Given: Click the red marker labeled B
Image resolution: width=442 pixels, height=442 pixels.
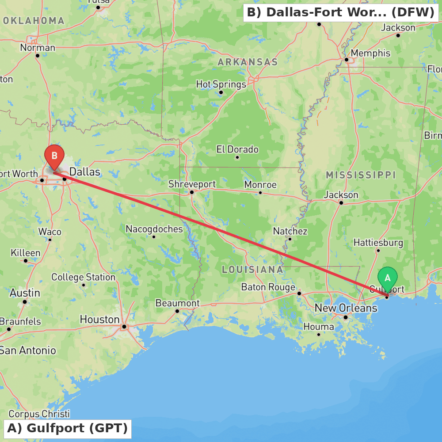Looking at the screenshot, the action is [54, 156].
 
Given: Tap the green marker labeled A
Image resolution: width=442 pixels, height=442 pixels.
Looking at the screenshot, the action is [388, 278].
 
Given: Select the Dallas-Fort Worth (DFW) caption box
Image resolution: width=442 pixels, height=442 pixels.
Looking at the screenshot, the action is [340, 12].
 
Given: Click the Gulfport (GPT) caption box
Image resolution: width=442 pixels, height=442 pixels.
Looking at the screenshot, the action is [68, 428].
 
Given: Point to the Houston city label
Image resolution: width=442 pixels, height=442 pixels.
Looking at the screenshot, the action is [99, 319].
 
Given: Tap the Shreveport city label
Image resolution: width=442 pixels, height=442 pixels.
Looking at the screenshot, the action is [192, 184].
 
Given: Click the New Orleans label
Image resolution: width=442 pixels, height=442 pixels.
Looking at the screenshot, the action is [346, 308].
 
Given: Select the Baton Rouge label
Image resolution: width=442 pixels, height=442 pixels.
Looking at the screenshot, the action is [268, 287].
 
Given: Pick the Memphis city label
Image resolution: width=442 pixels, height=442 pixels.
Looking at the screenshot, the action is [370, 53].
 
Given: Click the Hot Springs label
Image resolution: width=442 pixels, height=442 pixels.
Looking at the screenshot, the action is [221, 84].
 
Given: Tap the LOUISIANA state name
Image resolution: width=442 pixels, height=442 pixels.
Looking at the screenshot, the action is [252, 269].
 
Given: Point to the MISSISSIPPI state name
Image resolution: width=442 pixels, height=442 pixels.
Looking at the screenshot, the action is [361, 175].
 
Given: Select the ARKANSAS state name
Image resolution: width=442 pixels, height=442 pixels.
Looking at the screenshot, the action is [248, 62].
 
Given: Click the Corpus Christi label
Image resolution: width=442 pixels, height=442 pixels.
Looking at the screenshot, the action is [39, 414].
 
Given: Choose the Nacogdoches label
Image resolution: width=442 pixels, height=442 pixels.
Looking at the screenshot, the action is [154, 229].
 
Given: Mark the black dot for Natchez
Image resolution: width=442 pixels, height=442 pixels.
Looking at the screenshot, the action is [290, 239].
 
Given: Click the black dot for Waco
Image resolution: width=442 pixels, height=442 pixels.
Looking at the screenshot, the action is [50, 240].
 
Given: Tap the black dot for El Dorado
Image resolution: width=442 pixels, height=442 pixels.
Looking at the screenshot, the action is [237, 157].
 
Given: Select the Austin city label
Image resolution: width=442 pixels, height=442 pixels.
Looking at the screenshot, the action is [25, 293].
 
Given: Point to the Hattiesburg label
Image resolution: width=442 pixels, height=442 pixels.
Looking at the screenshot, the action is [378, 243].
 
